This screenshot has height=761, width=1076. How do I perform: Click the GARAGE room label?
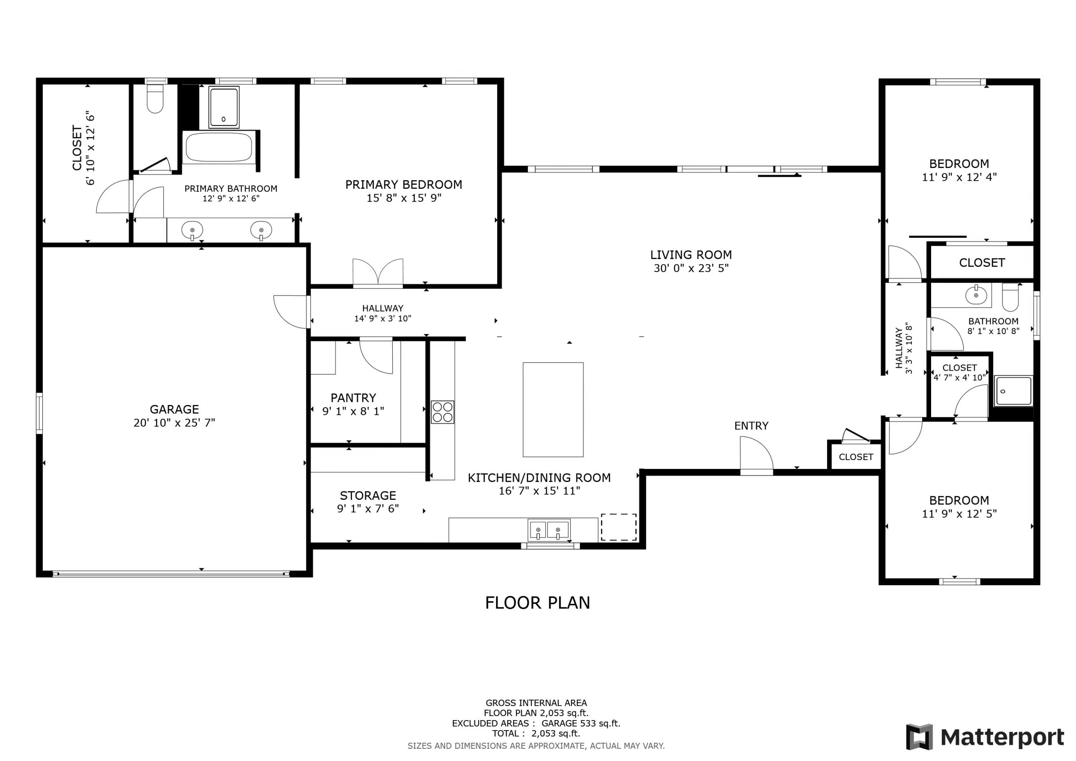174,409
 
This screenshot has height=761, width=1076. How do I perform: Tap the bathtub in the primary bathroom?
219,147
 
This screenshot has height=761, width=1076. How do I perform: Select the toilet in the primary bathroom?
155,98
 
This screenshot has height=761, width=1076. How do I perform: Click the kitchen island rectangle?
553,409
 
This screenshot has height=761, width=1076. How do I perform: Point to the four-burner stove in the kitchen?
442,412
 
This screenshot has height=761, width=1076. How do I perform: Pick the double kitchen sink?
548,530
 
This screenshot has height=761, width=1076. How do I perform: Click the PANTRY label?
353,398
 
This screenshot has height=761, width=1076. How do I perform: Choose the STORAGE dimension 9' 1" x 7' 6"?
368,508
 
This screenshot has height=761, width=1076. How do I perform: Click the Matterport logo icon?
919,737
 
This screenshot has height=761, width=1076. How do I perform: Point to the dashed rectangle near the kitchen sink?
619,527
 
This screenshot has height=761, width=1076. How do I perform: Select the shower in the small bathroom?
1013,391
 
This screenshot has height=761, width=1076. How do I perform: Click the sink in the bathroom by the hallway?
976,295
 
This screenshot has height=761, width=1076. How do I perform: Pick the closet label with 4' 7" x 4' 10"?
959,372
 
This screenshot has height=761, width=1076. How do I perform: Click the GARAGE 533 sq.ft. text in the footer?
581,723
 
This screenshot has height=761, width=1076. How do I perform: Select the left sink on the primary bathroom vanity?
192,230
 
